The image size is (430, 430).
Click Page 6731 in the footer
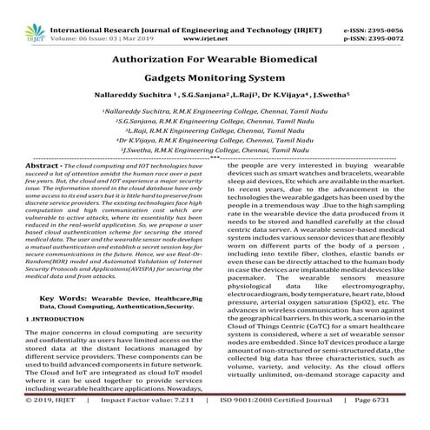pos(400,423)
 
